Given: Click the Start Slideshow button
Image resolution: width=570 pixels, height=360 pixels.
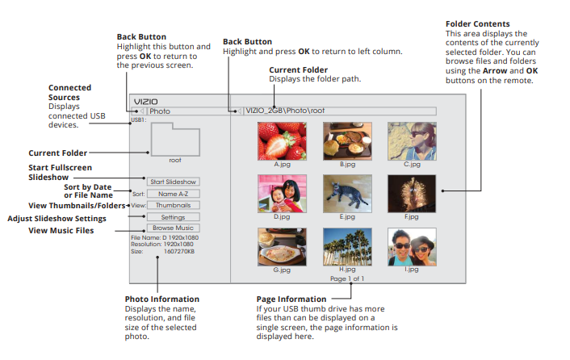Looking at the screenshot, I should coord(172,182).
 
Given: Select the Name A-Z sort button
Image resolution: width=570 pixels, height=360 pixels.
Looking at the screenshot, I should coord(173,194).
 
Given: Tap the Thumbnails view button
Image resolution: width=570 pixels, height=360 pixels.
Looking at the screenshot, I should coord(173,205).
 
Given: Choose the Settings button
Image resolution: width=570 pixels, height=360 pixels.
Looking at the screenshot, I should coord(173,217).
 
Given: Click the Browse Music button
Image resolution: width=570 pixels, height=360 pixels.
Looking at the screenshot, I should coord(173,228).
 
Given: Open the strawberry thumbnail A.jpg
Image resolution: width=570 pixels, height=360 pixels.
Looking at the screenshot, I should coord(282,140).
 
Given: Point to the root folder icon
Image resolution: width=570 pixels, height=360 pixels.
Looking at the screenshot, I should coord(174,138).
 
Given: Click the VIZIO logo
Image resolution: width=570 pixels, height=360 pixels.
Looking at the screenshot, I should coord(145,101).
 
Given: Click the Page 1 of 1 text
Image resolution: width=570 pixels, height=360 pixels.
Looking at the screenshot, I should coord(347,278).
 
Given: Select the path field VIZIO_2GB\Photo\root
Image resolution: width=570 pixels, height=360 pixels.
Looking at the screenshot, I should coord(339,111).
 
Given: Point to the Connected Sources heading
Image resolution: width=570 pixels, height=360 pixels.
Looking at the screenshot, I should coord(69,92).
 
